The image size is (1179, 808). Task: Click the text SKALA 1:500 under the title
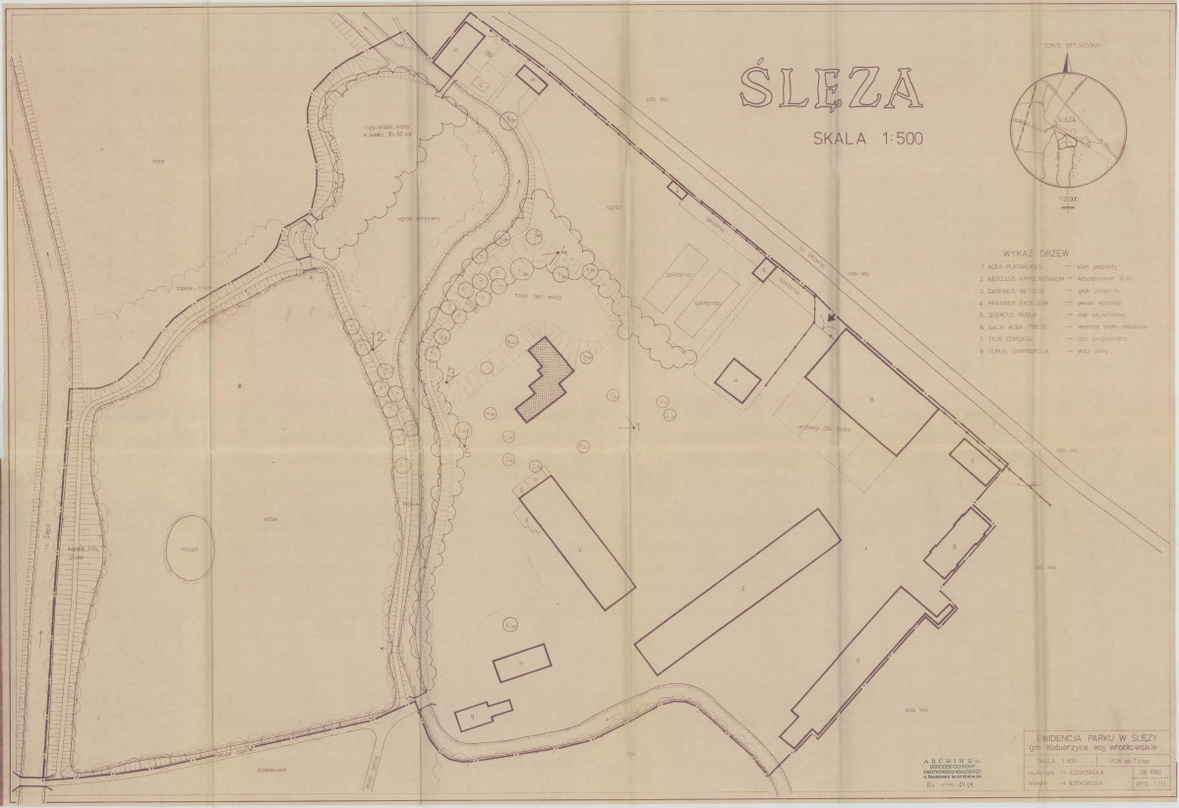pyautogui.click(x=865, y=139)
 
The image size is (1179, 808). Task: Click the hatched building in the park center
pyautogui.click(x=546, y=378)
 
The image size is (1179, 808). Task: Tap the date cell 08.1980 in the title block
pyautogui.click(x=1147, y=773)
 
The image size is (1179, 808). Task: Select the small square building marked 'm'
pyautogui.click(x=735, y=377)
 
